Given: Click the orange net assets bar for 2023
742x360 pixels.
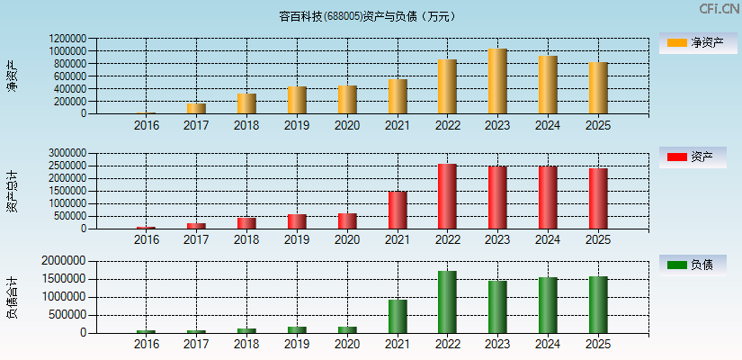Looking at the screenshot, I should coord(497,81).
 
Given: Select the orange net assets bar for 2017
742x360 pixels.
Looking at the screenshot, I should coord(196,109).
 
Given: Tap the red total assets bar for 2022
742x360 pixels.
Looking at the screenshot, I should coord(447,196).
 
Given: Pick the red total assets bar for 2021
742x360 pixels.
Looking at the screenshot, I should coord(398,210).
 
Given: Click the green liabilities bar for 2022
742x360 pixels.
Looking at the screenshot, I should coord(447,301).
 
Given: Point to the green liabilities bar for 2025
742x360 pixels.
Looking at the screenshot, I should coord(598,304).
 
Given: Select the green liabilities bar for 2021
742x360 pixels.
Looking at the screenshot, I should coord(398,316).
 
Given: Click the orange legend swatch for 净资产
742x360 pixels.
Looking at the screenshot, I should coord(676,42).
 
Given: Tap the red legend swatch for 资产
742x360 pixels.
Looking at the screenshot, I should coord(676,157).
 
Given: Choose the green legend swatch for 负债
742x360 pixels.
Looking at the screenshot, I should coord(676,265).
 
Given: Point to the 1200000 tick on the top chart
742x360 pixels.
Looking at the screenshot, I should coord(68,39).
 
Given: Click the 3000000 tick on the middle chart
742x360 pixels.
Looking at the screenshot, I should coord(68,154).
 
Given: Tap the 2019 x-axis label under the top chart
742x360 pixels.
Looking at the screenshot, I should coord(297,126).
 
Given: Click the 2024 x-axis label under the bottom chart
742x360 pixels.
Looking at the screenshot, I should coord(548,345).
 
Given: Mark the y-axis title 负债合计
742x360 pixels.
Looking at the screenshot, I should coord(12,298).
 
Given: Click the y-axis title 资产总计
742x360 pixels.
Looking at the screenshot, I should coord(12,191).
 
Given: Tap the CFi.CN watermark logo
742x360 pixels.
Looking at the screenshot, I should coord(720,9).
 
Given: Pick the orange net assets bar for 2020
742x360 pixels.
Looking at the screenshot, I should coord(347,100).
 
